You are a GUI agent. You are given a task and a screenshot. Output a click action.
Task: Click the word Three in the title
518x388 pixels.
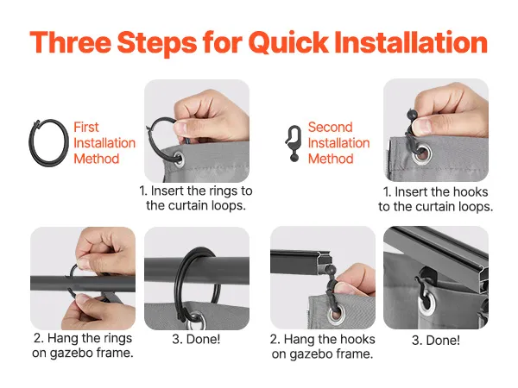(71, 42)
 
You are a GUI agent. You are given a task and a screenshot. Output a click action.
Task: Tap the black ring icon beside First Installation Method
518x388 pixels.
(48, 142)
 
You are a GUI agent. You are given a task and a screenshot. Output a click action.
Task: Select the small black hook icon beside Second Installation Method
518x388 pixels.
(294, 144)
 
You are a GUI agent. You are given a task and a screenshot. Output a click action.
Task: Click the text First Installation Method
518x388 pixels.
(104, 143)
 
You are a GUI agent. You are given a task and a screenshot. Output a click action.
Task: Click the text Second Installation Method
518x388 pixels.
(338, 143)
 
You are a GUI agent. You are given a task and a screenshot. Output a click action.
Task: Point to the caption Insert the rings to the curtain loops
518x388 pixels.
(196, 198)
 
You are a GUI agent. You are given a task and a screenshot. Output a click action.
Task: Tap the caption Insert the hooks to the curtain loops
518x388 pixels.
(435, 199)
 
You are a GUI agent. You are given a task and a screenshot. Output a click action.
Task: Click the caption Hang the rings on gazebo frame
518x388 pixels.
(83, 346)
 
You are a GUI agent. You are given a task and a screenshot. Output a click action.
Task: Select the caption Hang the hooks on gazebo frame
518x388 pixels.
(322, 347)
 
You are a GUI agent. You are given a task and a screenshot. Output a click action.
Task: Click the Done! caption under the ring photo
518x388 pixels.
(196, 339)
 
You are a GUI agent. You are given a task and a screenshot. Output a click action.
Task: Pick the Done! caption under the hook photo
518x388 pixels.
(436, 341)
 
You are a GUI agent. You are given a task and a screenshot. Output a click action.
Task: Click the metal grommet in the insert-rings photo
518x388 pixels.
(179, 158)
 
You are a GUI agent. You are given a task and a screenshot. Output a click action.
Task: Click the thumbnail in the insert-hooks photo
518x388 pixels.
(422, 125)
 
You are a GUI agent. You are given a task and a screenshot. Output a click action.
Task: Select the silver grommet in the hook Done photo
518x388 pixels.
(429, 304)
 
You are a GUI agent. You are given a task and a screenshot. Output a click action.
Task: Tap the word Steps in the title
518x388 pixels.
(157, 42)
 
